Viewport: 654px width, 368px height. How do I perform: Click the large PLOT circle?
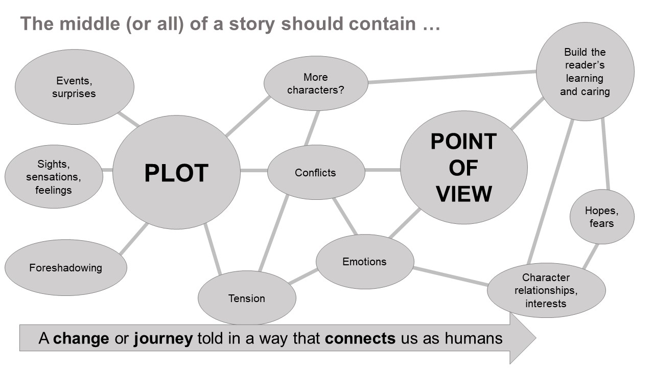(176, 172)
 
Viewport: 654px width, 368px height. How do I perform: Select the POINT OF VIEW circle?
(463, 168)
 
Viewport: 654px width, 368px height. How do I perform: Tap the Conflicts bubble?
(316, 173)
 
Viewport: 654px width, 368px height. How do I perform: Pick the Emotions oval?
(364, 262)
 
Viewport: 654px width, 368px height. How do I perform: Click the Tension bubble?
(247, 298)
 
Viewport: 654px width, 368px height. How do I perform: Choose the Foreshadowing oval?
(65, 268)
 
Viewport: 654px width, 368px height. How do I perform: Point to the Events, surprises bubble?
(74, 87)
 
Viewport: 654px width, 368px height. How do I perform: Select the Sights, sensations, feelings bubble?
(54, 177)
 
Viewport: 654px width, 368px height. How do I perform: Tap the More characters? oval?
(316, 84)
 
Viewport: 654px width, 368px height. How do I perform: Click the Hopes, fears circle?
(602, 217)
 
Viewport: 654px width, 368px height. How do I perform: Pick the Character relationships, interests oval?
(546, 290)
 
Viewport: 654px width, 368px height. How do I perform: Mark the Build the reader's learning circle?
(585, 72)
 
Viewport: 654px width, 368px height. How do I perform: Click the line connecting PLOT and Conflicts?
(254, 170)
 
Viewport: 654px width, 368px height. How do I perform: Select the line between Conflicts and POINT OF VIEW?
(382, 170)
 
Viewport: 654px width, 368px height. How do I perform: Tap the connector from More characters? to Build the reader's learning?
(452, 77)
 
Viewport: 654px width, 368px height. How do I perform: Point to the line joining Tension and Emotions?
(303, 276)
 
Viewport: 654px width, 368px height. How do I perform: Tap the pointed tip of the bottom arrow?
(534, 338)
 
